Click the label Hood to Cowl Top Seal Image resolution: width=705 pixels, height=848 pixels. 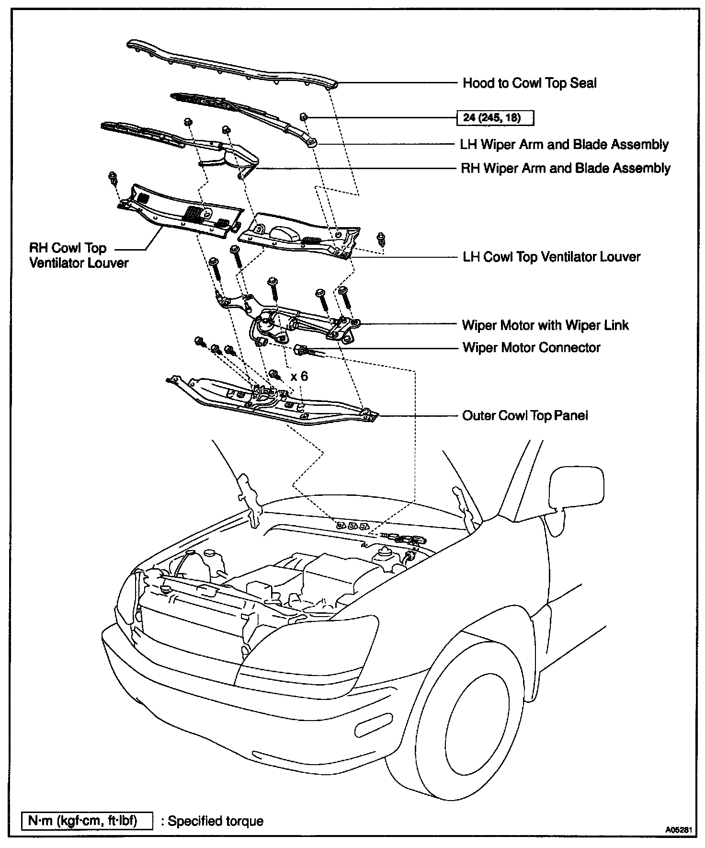coord(529,83)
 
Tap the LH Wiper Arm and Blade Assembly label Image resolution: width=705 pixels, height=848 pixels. coord(564,144)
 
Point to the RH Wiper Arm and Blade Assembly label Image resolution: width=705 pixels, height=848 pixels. coord(565,168)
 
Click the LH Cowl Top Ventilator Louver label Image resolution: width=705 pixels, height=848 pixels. coord(551,257)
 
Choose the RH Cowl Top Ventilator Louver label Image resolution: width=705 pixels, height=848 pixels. coord(79,255)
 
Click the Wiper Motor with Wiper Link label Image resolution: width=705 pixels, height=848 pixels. coord(545,325)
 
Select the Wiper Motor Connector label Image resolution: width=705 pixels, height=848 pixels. coord(531,347)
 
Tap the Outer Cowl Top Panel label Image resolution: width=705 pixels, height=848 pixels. coord(525,415)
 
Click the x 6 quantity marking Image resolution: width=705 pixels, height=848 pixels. coord(299,376)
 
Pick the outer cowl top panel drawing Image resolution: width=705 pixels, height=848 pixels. coord(273,400)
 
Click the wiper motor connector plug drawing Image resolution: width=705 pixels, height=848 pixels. coord(303,350)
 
